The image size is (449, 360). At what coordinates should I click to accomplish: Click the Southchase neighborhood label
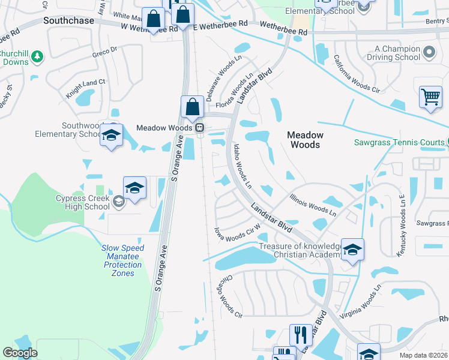(x=69, y=20)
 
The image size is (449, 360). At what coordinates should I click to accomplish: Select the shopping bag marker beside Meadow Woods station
(x=192, y=107)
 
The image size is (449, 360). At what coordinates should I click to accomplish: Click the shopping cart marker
(x=431, y=97)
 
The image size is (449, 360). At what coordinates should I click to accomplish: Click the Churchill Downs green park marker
(x=37, y=56)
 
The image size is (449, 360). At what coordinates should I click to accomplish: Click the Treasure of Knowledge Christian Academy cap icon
(x=352, y=250)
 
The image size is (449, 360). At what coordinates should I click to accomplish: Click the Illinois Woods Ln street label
(x=313, y=203)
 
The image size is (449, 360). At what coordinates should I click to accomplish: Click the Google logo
(x=19, y=353)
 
